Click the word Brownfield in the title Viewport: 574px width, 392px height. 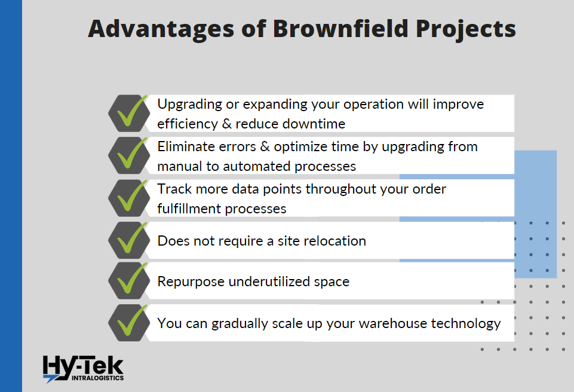pyautogui.click(x=340, y=28)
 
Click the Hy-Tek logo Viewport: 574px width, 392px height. pyautogui.click(x=83, y=369)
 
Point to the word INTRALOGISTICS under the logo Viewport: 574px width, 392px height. pyautogui.click(x=98, y=378)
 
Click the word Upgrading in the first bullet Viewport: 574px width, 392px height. pyautogui.click(x=189, y=105)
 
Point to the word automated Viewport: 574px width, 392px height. pyautogui.click(x=257, y=166)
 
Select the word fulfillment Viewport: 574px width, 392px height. pyautogui.click(x=189, y=209)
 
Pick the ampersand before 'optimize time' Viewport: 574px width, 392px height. pyautogui.click(x=265, y=146)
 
